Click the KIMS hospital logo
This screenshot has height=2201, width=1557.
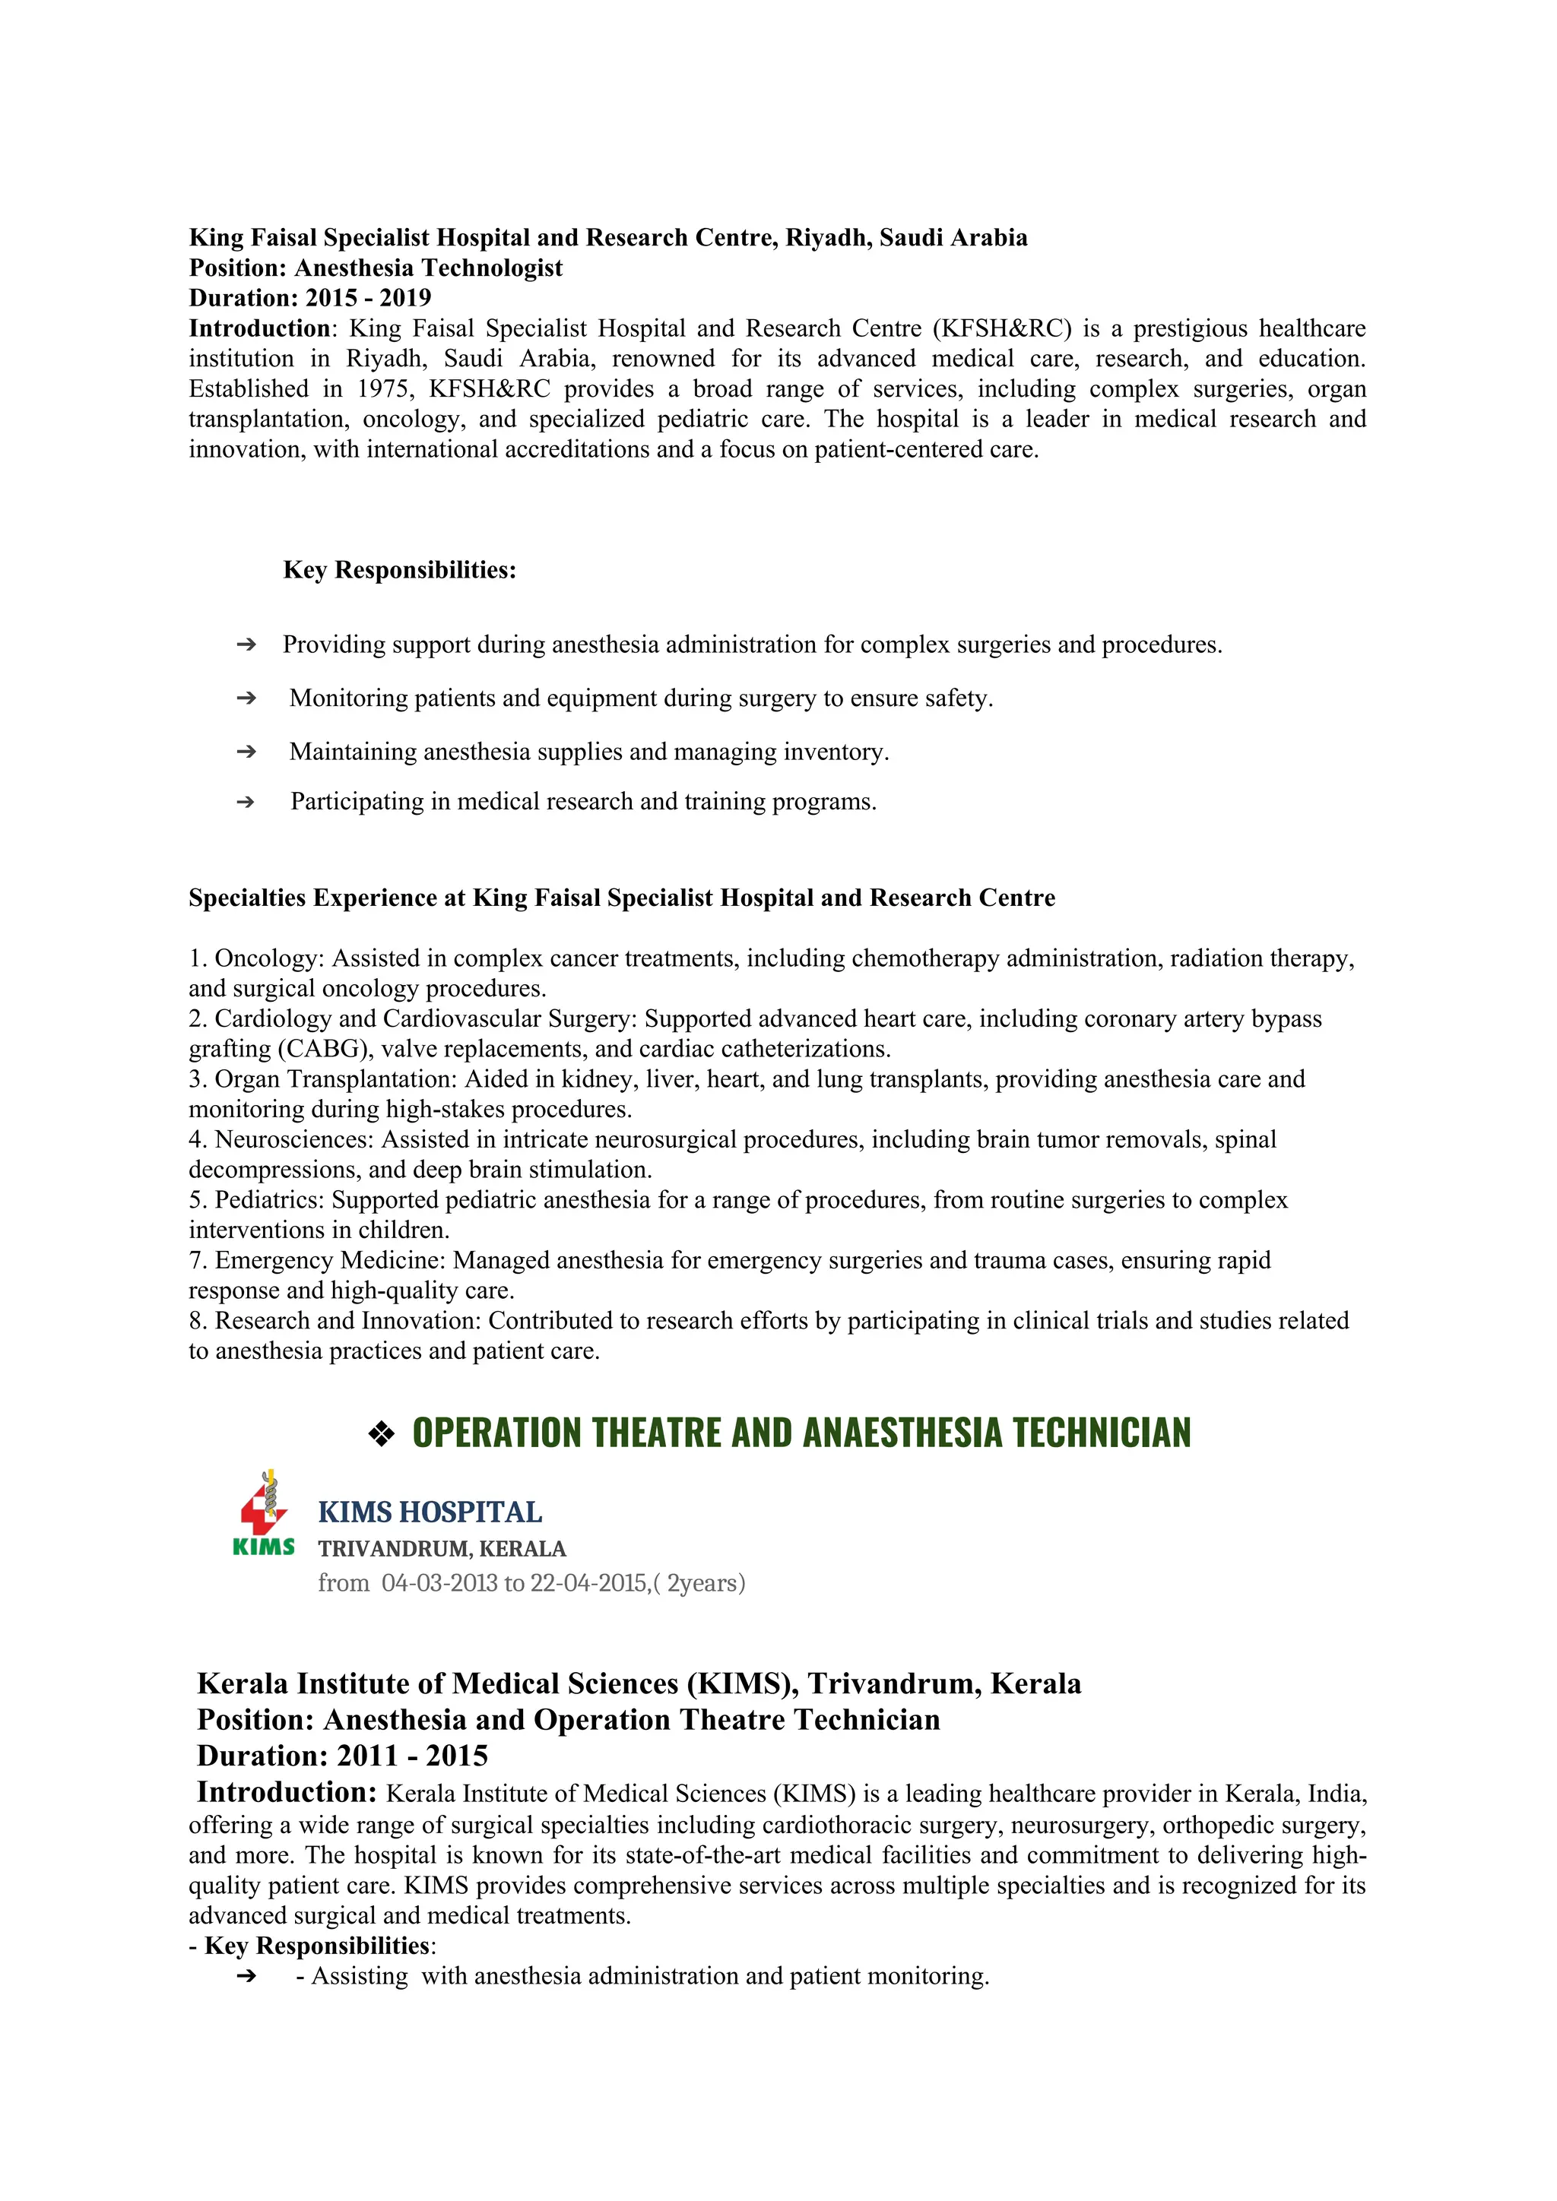(x=264, y=1512)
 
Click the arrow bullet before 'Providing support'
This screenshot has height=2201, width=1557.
(x=246, y=645)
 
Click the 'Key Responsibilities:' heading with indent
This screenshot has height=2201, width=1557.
(x=400, y=570)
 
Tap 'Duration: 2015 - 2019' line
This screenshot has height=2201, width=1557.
(x=309, y=298)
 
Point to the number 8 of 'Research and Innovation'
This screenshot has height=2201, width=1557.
(x=195, y=1321)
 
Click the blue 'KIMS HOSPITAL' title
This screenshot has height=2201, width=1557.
(x=430, y=1512)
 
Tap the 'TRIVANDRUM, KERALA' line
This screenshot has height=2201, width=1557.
(x=442, y=1549)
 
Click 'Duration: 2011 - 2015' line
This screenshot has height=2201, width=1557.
(x=342, y=1756)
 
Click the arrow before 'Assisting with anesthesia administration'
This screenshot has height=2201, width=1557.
(x=246, y=1977)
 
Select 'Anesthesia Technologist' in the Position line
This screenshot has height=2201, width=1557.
(x=429, y=268)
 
